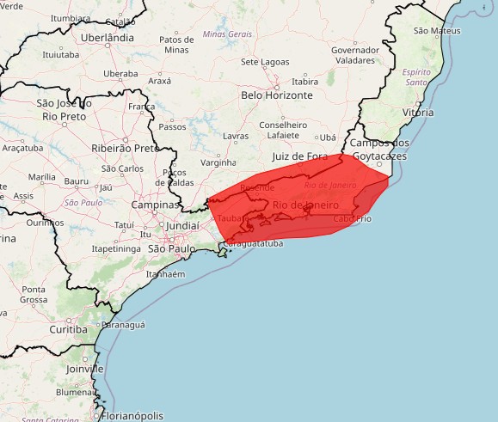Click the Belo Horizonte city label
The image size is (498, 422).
click(277, 95)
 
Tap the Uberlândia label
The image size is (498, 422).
click(108, 38)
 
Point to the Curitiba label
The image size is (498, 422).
click(68, 329)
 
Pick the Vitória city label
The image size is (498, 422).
click(418, 113)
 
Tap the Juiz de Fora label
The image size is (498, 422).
click(299, 156)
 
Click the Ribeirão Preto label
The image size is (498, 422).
click(125, 148)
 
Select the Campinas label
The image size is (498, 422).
click(155, 205)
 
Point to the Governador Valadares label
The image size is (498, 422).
click(355, 56)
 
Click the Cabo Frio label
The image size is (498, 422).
click(353, 218)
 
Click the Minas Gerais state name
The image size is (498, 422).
click(227, 34)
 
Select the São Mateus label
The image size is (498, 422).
click(437, 31)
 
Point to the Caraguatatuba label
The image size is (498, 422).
click(252, 244)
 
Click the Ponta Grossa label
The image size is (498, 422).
click(34, 295)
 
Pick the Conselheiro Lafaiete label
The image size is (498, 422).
click(283, 130)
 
